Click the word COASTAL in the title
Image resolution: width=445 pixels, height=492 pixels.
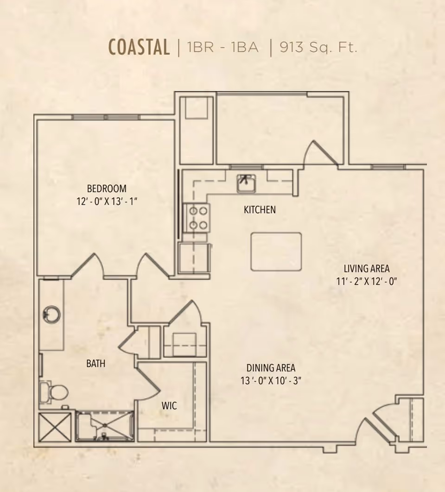click(139, 47)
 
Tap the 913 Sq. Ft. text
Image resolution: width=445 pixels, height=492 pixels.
click(318, 47)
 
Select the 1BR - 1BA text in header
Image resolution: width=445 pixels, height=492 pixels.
click(222, 47)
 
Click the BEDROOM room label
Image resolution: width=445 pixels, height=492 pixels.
click(107, 189)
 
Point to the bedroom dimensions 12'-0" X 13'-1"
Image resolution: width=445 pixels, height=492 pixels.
click(107, 201)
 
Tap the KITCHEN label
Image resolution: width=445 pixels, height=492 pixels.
click(260, 209)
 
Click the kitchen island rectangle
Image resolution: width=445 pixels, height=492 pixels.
click(276, 252)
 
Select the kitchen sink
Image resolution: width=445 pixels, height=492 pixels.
click(247, 183)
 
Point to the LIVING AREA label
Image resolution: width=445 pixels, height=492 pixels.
click(367, 269)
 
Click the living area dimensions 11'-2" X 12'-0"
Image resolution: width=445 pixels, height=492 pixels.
click(367, 282)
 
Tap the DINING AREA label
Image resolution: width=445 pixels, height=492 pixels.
click(271, 368)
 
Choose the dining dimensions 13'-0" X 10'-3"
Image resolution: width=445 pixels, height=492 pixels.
click(271, 381)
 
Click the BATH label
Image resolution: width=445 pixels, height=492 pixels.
click(96, 364)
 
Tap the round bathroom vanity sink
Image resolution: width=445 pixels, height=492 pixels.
click(52, 315)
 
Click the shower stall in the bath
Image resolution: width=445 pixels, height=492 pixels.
click(105, 426)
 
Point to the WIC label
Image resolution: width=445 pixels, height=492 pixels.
click(169, 406)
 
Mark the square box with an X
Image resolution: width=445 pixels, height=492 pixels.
click(55, 427)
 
